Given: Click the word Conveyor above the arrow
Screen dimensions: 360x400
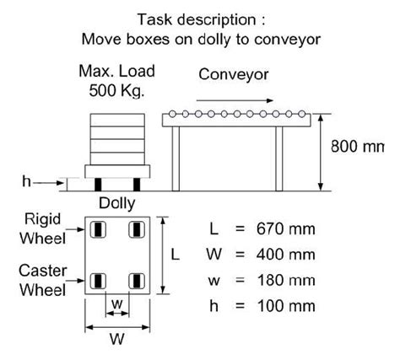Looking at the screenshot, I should click(x=234, y=75).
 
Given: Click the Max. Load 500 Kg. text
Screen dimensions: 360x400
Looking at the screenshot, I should click(x=116, y=81).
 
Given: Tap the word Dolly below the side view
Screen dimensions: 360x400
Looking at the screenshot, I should click(x=116, y=203).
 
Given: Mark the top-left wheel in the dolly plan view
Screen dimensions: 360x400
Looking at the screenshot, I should click(x=99, y=229).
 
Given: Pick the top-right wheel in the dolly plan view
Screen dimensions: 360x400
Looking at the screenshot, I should click(x=133, y=229).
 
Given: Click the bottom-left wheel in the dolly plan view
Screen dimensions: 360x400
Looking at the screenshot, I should click(x=99, y=280).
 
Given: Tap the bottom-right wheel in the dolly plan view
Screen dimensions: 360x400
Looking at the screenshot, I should click(x=133, y=280).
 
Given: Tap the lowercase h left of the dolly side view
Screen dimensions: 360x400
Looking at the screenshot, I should click(x=26, y=181).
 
